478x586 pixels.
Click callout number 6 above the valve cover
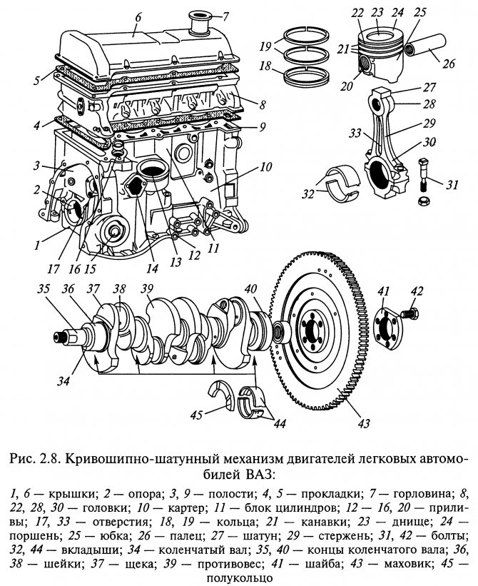point(138,15)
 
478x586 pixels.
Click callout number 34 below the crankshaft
point(65,382)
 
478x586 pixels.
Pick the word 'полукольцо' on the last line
point(239,577)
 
